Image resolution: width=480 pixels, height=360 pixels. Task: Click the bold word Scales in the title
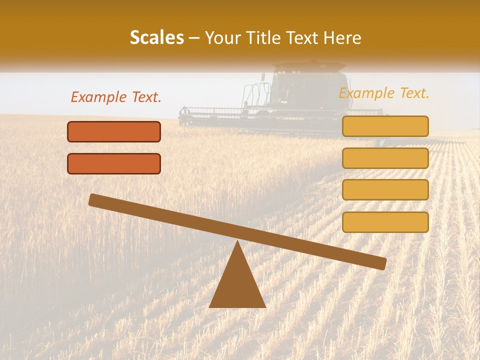point(157,38)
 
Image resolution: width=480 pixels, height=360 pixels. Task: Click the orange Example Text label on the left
point(116,97)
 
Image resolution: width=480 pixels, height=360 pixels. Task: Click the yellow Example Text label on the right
point(384,93)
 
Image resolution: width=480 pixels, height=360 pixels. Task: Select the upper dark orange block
point(114,132)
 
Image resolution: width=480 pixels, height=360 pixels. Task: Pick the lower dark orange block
point(114,164)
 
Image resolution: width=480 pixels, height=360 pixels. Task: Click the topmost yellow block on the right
point(385,126)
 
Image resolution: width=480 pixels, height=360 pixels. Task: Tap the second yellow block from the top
point(385,158)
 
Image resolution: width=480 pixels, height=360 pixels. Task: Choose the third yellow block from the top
point(385,190)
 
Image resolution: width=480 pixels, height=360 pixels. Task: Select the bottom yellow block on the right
point(385,222)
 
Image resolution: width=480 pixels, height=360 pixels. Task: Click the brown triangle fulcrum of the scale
point(237,285)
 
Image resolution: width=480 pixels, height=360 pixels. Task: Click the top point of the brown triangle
point(237,242)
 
